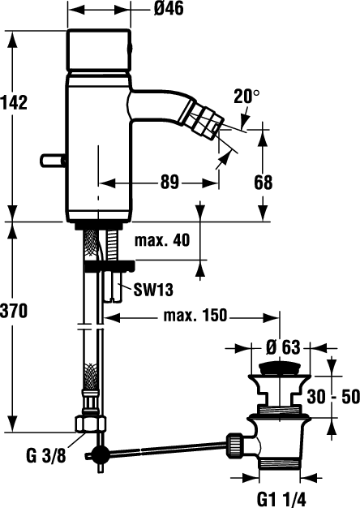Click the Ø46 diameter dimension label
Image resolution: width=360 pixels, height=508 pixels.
pos(169,9)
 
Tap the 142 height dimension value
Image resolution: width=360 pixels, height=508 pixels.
pos(14,102)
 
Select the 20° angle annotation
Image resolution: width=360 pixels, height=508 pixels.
pos(246,97)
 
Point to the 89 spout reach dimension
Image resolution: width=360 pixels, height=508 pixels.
pos(169,183)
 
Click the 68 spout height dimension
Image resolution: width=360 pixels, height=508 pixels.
pos(264,183)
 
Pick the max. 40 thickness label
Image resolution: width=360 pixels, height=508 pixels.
pos(162,241)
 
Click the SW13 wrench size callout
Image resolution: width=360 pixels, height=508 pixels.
pos(153,290)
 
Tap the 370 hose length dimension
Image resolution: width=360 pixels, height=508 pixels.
pos(14,311)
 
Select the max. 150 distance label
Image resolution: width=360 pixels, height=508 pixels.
pos(195,315)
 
